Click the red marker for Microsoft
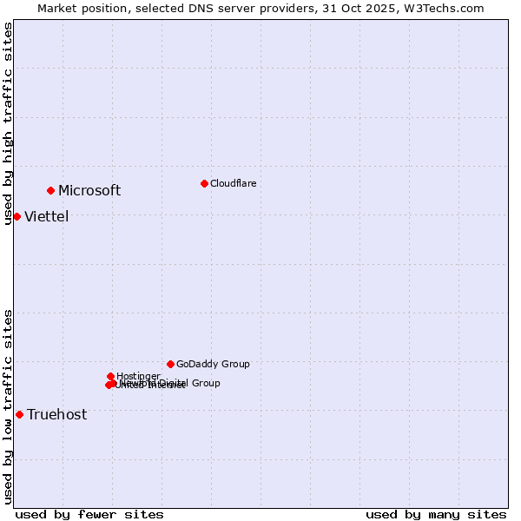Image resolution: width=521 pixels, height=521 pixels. pos(51,190)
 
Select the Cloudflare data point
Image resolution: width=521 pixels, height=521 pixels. pos(204,183)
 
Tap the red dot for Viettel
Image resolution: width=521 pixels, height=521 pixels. pos(17,216)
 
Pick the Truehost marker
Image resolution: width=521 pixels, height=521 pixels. pos(19,414)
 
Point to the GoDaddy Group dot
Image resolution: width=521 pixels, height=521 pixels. pos(170,364)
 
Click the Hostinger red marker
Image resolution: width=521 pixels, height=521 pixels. pos(110,376)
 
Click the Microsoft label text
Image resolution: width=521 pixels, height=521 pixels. pos(89,191)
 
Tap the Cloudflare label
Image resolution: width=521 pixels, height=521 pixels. pos(233,183)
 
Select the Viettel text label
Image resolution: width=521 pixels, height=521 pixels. pos(46,217)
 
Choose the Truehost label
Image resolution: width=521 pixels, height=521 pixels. pos(56,415)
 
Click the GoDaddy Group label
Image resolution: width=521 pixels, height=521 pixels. pos(213,365)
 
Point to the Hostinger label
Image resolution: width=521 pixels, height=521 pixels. pos(138,376)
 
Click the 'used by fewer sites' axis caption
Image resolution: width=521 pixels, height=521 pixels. pos(89,514)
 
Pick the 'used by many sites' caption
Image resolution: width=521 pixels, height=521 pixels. pos(436,514)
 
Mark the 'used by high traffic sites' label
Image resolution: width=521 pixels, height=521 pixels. pos(9,123)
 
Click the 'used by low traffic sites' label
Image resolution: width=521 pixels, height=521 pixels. pos(9,406)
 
